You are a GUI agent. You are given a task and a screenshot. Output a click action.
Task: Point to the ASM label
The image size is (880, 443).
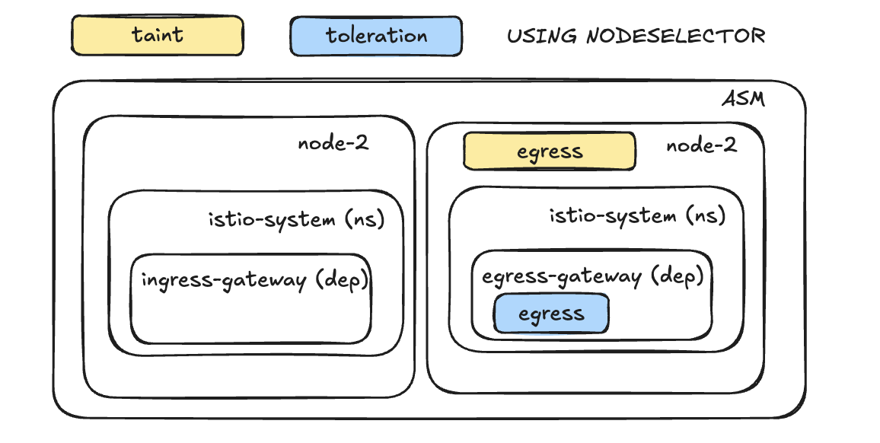(743, 100)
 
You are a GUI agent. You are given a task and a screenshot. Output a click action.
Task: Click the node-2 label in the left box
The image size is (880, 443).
(333, 143)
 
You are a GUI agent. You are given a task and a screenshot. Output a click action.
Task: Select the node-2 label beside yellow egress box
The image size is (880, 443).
(701, 145)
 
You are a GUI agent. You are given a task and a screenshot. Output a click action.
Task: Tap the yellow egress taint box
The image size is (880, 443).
(549, 151)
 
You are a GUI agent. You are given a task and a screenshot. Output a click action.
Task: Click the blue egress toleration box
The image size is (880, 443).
(551, 314)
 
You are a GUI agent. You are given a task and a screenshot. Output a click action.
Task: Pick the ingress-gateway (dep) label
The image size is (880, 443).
(254, 280)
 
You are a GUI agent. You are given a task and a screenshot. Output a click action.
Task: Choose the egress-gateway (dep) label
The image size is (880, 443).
(592, 276)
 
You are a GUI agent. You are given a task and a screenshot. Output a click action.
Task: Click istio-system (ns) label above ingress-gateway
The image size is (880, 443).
(296, 220)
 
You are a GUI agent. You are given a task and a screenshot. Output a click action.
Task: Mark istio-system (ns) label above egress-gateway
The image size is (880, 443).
(637, 216)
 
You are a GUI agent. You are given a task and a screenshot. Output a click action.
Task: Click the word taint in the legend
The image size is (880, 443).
(157, 34)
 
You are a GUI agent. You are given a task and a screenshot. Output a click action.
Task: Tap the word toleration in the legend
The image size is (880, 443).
(376, 35)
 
